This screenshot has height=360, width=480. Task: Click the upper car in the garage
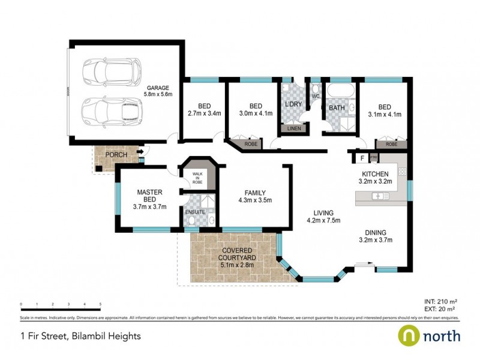(112, 72)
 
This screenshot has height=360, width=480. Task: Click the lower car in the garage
(112, 110)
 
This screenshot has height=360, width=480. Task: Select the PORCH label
(115, 155)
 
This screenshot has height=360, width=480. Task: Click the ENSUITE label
(195, 212)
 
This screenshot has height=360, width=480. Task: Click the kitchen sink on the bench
(380, 196)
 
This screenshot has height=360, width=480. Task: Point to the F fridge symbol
(362, 158)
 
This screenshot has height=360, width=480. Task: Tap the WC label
(315, 96)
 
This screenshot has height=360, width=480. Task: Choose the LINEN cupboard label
(294, 128)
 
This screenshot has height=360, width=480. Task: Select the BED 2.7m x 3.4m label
(205, 108)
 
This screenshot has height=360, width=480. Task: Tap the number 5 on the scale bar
(100, 305)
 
